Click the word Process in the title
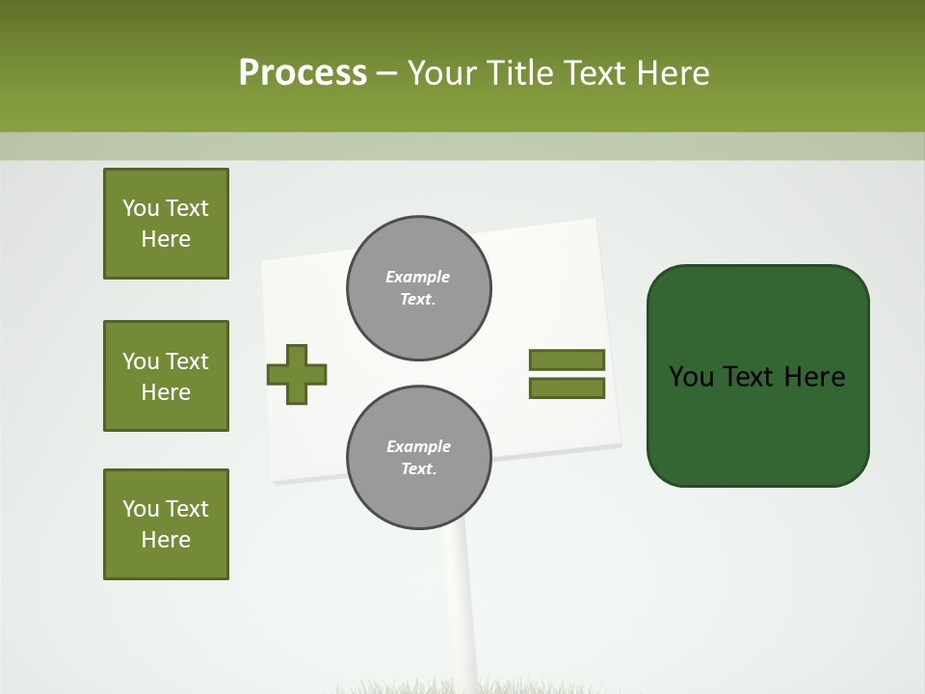pyautogui.click(x=303, y=72)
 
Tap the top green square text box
pyautogui.click(x=166, y=224)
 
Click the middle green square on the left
pyautogui.click(x=166, y=376)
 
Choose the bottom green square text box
pyautogui.click(x=166, y=524)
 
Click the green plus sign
pyautogui.click(x=297, y=374)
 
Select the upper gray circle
pyautogui.click(x=419, y=287)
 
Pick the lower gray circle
pyautogui.click(x=419, y=457)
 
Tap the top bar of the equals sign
pyautogui.click(x=567, y=360)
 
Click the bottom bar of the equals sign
pyautogui.click(x=567, y=388)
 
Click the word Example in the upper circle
pyautogui.click(x=418, y=277)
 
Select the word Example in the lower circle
pyautogui.click(x=418, y=446)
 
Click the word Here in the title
pyautogui.click(x=674, y=72)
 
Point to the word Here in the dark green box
pyautogui.click(x=814, y=377)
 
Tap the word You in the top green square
pyautogui.click(x=141, y=208)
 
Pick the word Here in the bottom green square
pyautogui.click(x=166, y=540)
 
